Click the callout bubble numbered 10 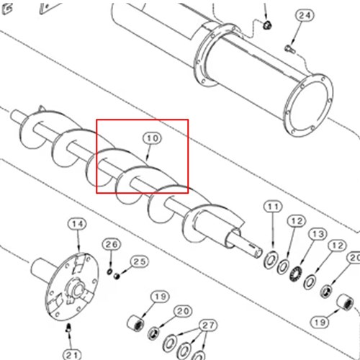click(153, 138)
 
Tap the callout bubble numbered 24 click(305, 16)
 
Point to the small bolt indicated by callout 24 click(289, 49)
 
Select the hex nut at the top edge click(266, 24)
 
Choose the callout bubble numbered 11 click(273, 207)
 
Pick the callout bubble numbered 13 click(318, 234)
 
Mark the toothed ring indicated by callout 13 click(296, 274)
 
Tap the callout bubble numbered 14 click(77, 225)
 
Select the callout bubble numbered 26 click(112, 245)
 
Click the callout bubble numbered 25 click(140, 262)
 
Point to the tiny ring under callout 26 click(109, 271)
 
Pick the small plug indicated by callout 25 click(117, 276)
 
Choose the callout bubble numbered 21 click(72, 355)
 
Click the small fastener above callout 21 click(68, 328)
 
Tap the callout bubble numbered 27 click(208, 325)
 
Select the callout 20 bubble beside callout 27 click(183, 311)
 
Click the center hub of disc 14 click(76, 289)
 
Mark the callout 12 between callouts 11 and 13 click(297, 221)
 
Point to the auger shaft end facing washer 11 click(257, 253)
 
